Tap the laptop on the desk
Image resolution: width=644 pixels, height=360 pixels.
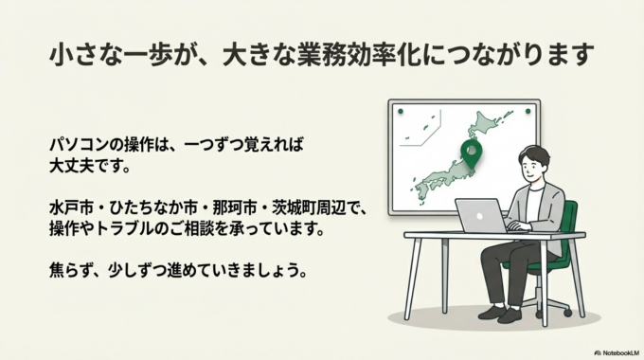click(482, 215)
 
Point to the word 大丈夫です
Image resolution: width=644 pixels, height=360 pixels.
click(87, 168)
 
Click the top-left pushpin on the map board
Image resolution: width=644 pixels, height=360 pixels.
click(400, 111)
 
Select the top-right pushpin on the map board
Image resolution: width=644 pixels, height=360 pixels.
click(528, 111)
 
